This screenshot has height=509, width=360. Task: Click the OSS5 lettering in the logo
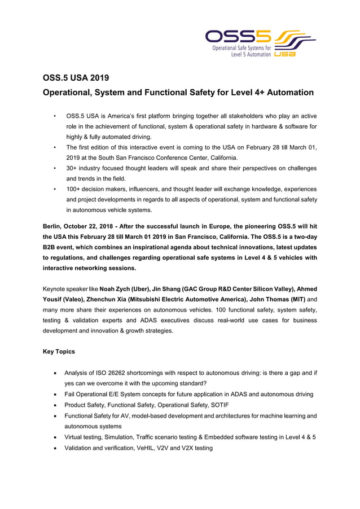point(238,37)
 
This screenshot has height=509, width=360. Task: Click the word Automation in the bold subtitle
point(286,92)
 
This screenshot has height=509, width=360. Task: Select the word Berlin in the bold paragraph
point(54,226)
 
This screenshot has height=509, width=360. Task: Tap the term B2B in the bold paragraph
point(52,247)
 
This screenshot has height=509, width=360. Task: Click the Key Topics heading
point(59,352)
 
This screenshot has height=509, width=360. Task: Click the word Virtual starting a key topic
point(76,437)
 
